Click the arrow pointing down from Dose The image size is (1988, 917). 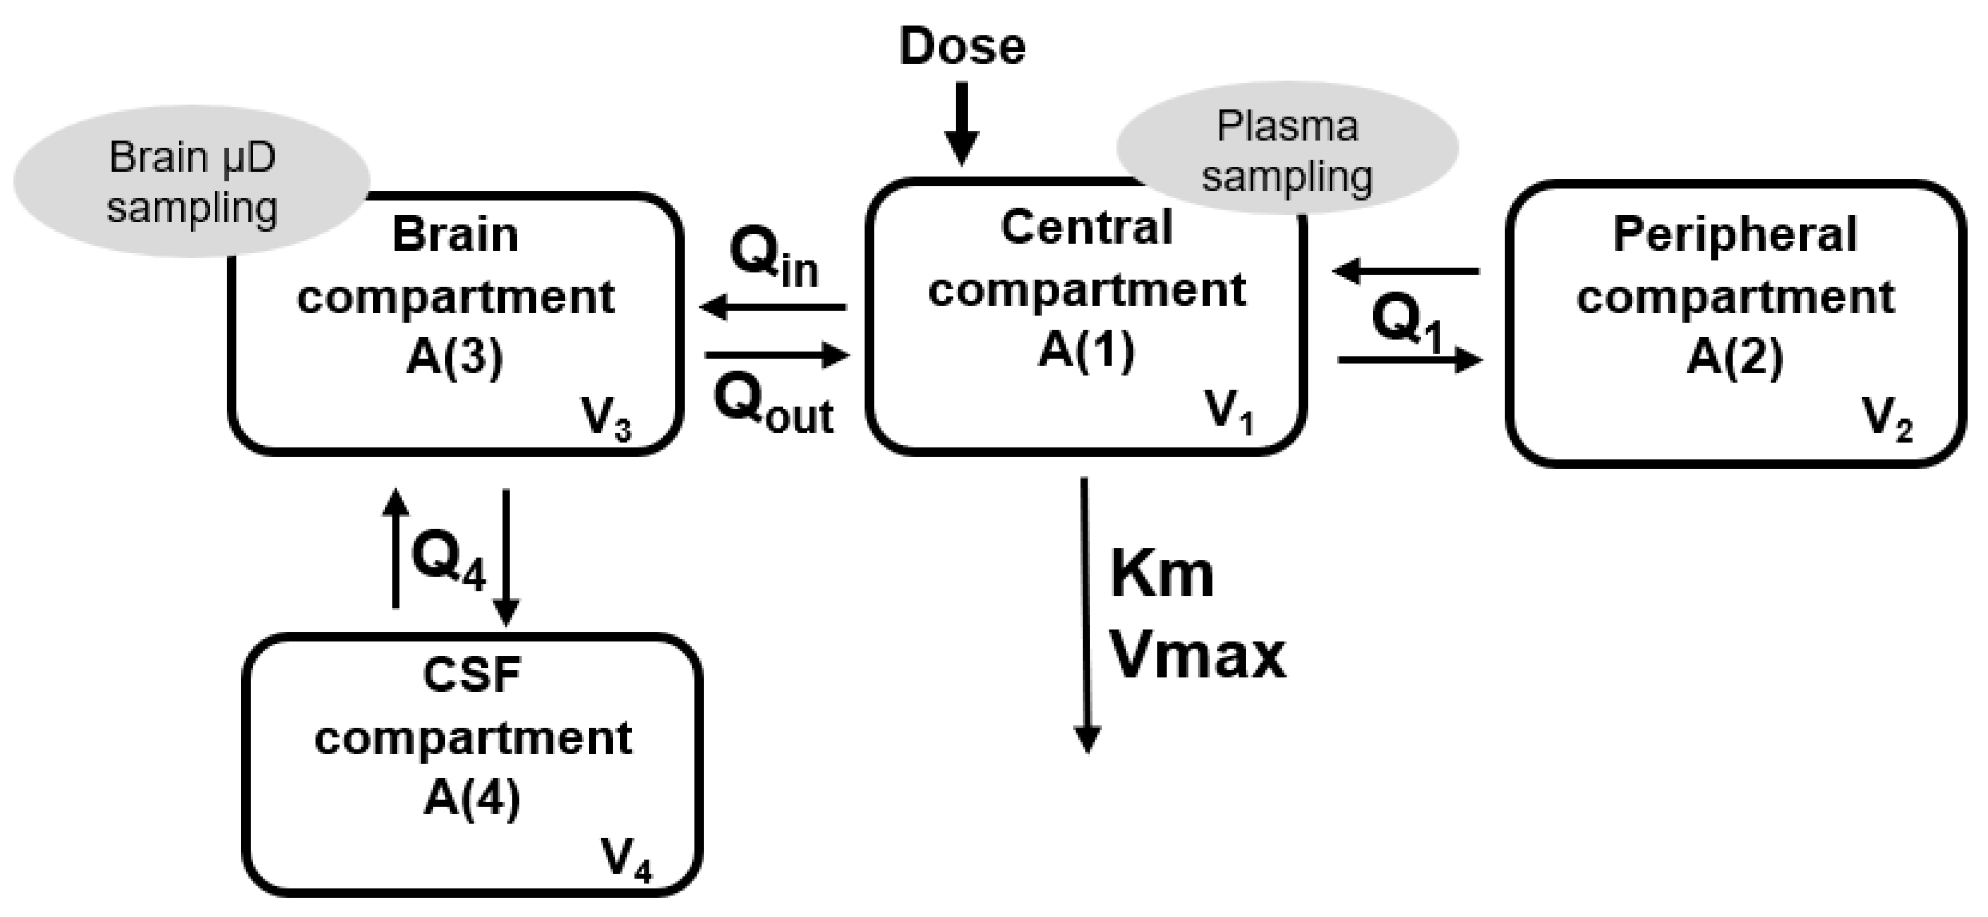click(x=962, y=123)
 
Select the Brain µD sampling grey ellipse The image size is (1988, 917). click(x=191, y=181)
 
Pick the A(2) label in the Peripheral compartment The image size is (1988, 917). click(x=1734, y=358)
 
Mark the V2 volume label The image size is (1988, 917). click(x=1887, y=421)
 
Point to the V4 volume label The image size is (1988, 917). click(x=626, y=861)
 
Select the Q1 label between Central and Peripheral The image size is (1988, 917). click(x=1407, y=324)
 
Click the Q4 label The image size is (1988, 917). click(x=449, y=559)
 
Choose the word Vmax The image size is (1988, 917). click(x=1197, y=656)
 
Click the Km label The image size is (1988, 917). click(x=1162, y=575)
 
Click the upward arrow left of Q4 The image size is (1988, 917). click(x=396, y=548)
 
